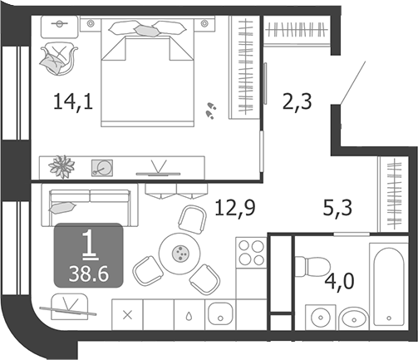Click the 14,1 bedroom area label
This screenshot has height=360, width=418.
tap(73, 101)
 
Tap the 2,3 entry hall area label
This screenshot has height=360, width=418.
tap(297, 101)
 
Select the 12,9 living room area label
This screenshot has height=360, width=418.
tap(234, 208)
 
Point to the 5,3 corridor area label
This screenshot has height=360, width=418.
tap(337, 208)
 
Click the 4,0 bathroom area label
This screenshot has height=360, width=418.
tap(339, 282)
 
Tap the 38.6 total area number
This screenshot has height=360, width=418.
tap(89, 274)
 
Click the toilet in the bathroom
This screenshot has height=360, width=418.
tap(312, 267)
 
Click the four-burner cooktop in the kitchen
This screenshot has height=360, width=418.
tap(251, 253)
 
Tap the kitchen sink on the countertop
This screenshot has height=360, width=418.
tap(220, 314)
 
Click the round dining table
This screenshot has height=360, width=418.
tap(179, 253)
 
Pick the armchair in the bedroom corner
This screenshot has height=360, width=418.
tap(59, 58)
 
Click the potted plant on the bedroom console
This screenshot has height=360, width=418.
tap(61, 167)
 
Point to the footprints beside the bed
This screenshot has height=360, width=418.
tap(211, 111)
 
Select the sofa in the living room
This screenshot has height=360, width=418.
tap(90, 205)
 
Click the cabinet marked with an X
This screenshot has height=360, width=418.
tap(127, 315)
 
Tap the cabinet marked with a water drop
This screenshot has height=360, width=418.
tap(189, 315)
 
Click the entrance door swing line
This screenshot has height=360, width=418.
tap(353, 83)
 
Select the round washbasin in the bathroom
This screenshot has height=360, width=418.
tap(321, 318)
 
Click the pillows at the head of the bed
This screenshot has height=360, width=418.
tap(147, 28)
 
